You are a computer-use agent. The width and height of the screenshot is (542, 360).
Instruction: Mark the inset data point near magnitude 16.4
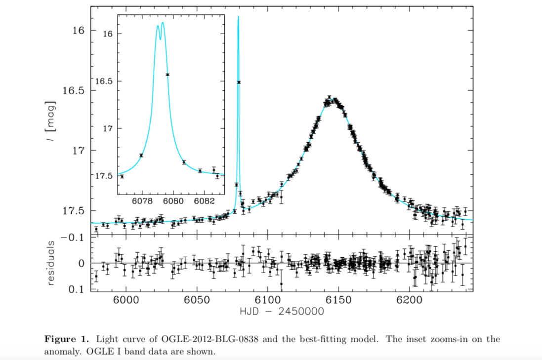[x=167, y=75]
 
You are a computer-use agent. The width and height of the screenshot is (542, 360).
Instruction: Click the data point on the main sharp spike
[x=239, y=82]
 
